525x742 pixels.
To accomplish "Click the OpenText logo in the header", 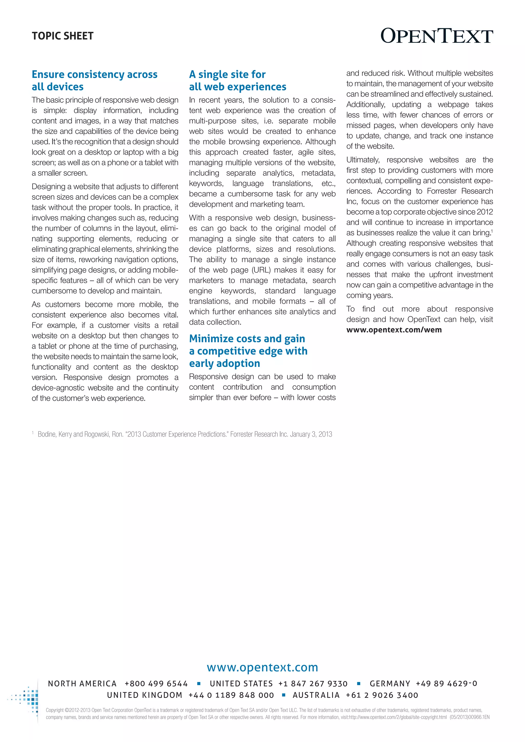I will coord(436,36).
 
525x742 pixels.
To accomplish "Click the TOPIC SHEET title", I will coord(63,36).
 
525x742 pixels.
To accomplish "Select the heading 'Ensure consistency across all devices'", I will coord(94,80).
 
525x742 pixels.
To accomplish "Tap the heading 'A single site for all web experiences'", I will coord(238,80).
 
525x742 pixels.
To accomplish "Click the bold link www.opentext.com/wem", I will coord(394,330).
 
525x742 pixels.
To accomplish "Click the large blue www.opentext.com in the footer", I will coord(262,667).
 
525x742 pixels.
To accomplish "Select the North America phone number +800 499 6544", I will coord(156,684).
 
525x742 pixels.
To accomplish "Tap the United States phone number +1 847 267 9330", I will coord(313,684).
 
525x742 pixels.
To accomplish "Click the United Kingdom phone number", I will coord(231,695).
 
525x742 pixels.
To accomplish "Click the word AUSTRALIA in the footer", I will coord(316,695).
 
